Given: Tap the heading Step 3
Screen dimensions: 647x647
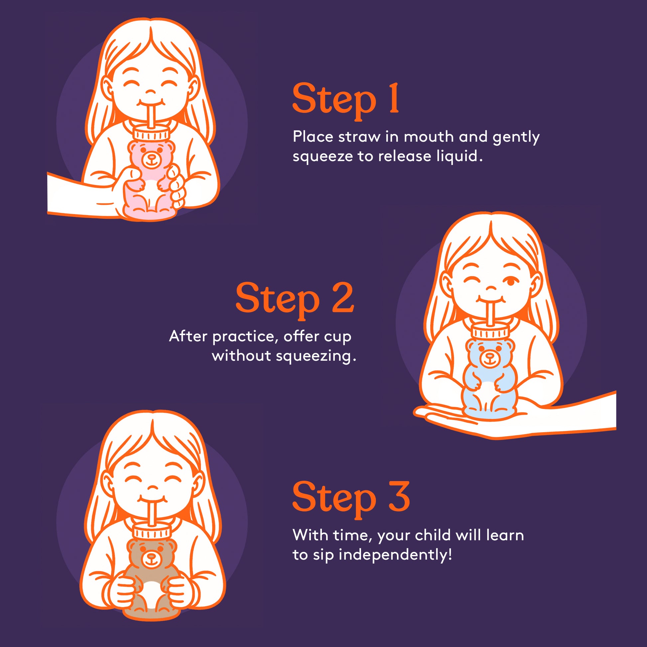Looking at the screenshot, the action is pyautogui.click(x=351, y=497).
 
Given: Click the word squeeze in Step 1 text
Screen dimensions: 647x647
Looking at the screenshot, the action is pyautogui.click(x=323, y=157).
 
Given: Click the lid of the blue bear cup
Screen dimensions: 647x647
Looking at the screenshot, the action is pyautogui.click(x=490, y=331).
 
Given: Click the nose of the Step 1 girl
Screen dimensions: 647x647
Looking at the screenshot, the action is pyautogui.click(x=150, y=91).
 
